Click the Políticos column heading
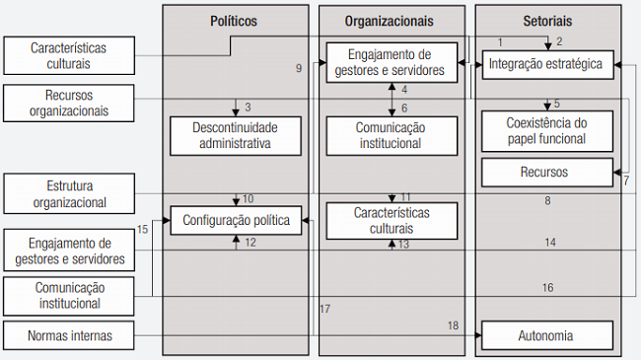click(x=234, y=20)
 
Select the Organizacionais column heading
click(x=392, y=20)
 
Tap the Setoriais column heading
click(x=549, y=20)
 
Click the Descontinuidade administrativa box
click(x=234, y=135)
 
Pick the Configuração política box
click(x=236, y=221)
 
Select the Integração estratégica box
click(x=547, y=66)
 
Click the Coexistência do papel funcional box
click(x=547, y=130)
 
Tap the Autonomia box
click(x=547, y=335)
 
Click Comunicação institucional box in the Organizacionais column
click(x=392, y=135)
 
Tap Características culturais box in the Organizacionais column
click(x=392, y=221)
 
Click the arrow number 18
click(x=454, y=325)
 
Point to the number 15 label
click(x=143, y=230)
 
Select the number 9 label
click(x=298, y=68)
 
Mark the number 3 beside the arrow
click(x=249, y=107)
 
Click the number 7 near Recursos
click(x=625, y=180)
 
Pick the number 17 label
click(x=324, y=310)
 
